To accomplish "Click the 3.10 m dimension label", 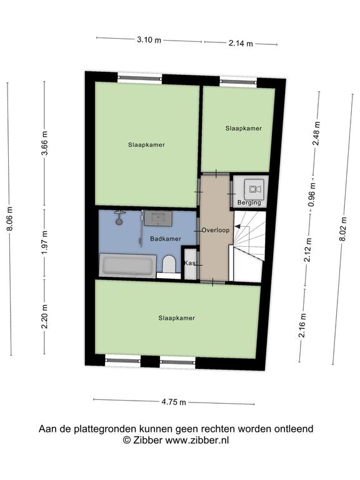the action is point(149,39).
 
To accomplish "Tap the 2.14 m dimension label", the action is point(241,44).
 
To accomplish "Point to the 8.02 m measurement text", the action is point(343,229).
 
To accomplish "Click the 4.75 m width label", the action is point(174,402).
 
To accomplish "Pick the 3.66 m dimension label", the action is point(45,143).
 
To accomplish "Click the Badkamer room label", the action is point(165,239).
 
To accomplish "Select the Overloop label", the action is point(216,230).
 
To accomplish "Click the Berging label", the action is point(249,202).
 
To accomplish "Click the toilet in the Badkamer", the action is point(168,264).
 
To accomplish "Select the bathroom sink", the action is point(158,218).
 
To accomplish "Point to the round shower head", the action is point(119,221).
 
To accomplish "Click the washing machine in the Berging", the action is point(254,189).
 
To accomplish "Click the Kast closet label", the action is point(190,263).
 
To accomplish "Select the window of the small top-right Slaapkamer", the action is point(238,81).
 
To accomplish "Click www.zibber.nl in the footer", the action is point(197,440).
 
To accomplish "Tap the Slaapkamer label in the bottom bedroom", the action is point(177,318).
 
